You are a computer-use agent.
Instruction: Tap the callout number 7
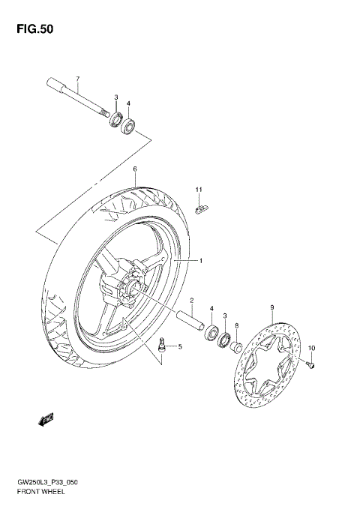[76, 79]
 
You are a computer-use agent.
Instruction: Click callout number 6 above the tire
[135, 169]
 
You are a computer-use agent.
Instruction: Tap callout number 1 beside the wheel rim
[200, 260]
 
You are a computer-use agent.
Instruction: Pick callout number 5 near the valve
[179, 346]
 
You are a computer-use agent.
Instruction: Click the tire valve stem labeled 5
[162, 346]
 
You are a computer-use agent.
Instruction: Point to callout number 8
[236, 325]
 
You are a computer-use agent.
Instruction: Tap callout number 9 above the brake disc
[271, 307]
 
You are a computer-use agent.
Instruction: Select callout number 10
[313, 347]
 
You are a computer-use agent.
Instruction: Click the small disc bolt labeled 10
[311, 364]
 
